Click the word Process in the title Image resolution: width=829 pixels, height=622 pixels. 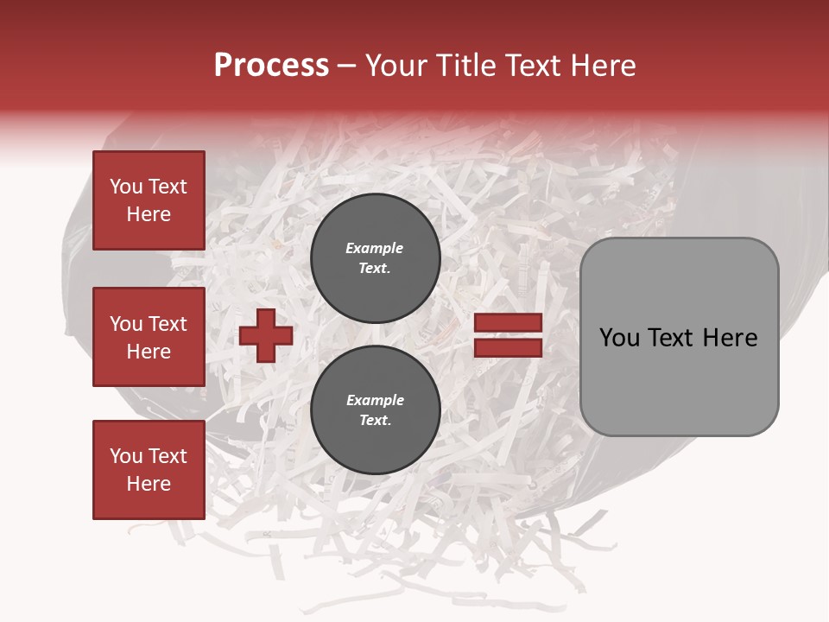click(271, 66)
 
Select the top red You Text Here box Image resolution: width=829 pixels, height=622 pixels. click(149, 200)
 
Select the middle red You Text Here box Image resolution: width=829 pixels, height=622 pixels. click(149, 337)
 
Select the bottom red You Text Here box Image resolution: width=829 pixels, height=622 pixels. click(149, 470)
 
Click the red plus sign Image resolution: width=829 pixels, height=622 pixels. click(266, 336)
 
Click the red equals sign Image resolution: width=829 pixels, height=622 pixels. click(508, 336)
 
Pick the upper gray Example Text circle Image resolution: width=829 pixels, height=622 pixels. click(375, 258)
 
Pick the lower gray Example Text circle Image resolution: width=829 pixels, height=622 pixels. click(375, 410)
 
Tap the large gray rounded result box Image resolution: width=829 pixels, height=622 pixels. click(679, 337)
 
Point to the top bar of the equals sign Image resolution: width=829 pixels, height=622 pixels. click(508, 323)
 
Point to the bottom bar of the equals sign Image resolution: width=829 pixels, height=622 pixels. click(508, 348)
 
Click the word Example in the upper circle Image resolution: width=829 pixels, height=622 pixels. click(375, 248)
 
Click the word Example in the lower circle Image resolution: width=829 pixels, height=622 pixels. click(375, 400)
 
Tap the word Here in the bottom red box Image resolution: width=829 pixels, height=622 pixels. click(149, 484)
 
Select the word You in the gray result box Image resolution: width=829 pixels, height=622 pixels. click(619, 338)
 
